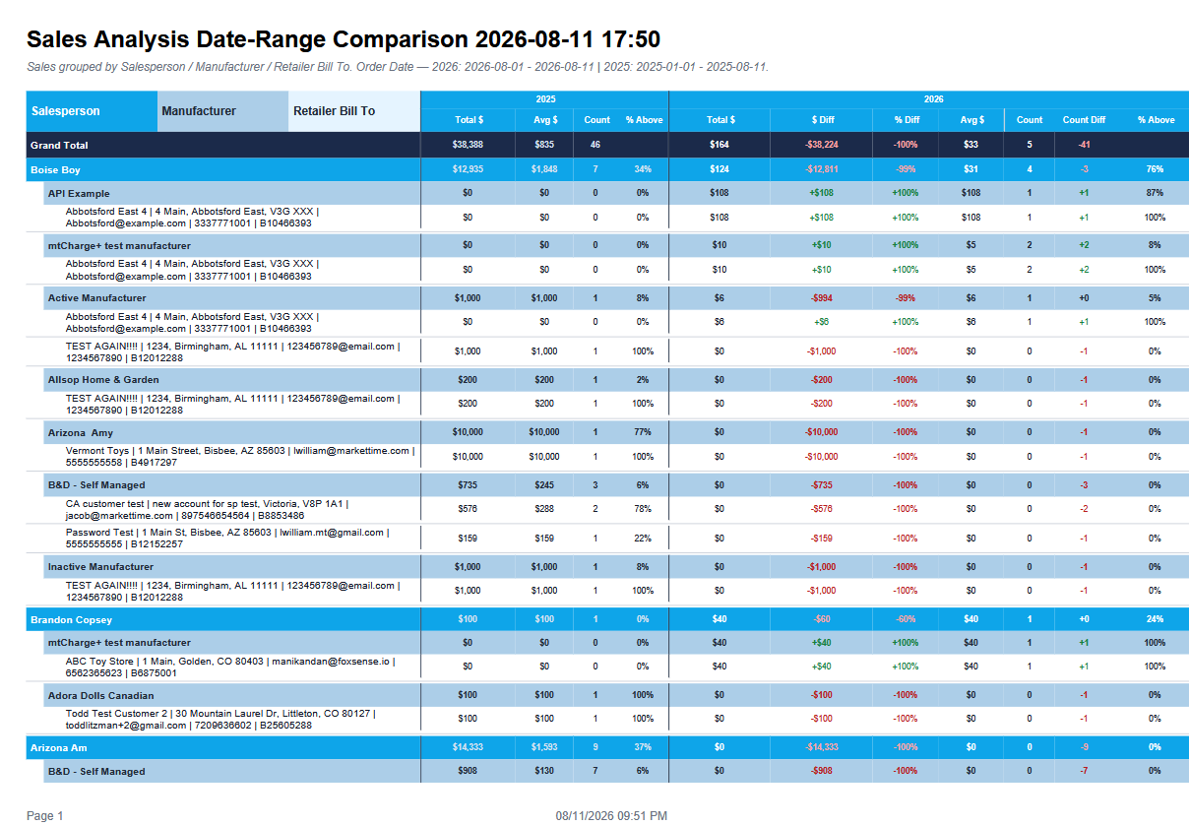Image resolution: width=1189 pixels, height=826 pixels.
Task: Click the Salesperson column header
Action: (65, 111)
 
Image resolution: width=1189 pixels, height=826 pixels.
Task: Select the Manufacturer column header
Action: (199, 111)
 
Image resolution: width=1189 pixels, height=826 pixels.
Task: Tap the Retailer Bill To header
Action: (334, 111)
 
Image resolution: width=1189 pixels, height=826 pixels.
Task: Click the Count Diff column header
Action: (1084, 120)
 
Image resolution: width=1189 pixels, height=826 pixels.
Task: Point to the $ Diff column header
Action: (822, 120)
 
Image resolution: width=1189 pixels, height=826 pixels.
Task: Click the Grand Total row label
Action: (59, 145)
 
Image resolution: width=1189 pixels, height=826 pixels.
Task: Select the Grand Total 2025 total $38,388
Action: (468, 145)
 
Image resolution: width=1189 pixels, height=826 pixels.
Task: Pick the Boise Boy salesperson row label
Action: (55, 170)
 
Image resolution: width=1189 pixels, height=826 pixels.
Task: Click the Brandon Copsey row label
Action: (71, 619)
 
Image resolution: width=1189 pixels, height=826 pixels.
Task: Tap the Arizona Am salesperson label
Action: (58, 747)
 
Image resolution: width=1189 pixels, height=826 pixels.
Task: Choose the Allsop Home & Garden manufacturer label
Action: (103, 380)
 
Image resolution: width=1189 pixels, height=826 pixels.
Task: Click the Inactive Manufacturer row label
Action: (100, 566)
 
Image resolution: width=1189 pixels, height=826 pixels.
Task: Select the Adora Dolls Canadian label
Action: (100, 695)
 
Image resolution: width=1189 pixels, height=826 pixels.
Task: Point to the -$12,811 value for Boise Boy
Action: (822, 169)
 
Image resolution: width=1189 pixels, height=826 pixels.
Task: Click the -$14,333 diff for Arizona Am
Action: (822, 747)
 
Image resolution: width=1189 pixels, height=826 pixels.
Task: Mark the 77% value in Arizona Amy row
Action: (643, 431)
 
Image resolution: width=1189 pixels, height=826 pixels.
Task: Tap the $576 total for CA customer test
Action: (468, 509)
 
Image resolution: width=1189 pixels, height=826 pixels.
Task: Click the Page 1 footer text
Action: (44, 815)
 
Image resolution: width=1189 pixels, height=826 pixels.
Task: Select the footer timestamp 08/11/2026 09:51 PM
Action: (611, 815)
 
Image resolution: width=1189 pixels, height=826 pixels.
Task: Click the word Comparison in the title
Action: (400, 39)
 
